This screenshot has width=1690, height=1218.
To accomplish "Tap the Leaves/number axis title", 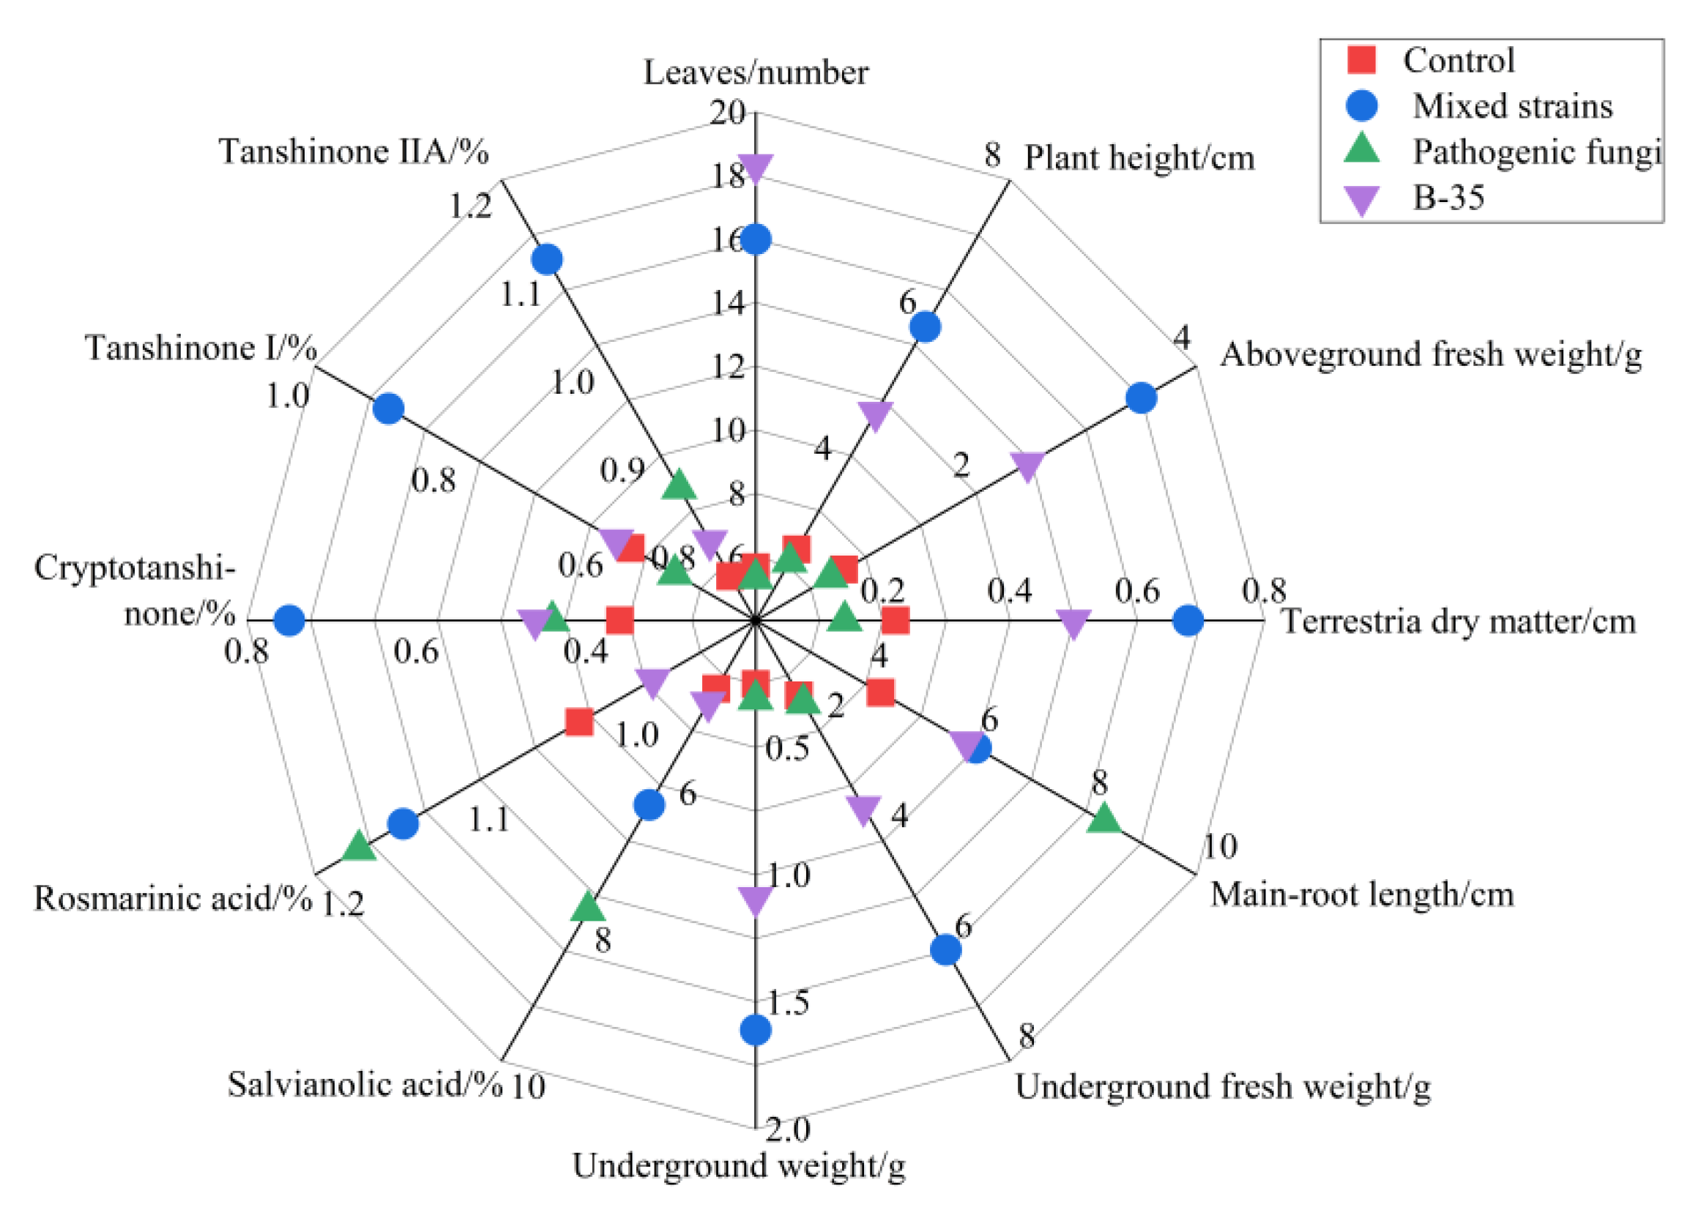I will click(756, 73).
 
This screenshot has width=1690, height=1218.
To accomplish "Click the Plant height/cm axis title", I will click(1139, 158).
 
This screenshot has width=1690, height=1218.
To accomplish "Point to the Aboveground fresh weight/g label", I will click(1431, 354).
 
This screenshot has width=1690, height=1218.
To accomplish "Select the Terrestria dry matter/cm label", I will click(1459, 621).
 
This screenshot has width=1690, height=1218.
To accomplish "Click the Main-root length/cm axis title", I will click(1361, 894).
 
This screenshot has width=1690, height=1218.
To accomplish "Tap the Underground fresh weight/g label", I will click(1222, 1087).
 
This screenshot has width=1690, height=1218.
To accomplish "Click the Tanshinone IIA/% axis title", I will click(353, 152).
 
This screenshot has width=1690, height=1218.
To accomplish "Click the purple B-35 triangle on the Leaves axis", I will click(756, 168).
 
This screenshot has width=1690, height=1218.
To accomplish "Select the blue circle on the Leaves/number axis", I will click(756, 240).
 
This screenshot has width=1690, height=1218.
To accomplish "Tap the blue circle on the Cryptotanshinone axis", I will click(289, 620).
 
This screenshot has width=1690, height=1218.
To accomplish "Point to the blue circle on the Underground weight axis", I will click(756, 1030).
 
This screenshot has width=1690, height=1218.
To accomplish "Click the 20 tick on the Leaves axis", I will click(727, 113).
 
